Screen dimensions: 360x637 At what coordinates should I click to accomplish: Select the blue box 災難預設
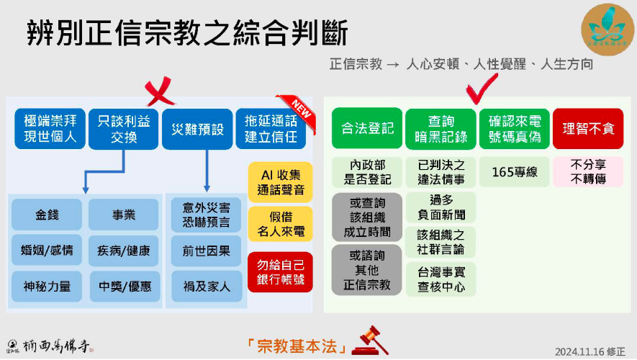coord(196,130)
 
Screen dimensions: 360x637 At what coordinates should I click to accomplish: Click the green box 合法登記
coord(367,130)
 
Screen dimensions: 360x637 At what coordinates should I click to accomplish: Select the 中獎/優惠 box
coord(124,287)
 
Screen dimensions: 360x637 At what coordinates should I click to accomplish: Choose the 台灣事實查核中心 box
coord(441,279)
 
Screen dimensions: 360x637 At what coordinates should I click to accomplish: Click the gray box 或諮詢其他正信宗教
coord(367,269)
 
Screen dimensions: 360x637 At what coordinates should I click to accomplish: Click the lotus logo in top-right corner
coord(607,28)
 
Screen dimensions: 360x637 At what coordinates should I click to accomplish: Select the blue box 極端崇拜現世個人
coord(50,130)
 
